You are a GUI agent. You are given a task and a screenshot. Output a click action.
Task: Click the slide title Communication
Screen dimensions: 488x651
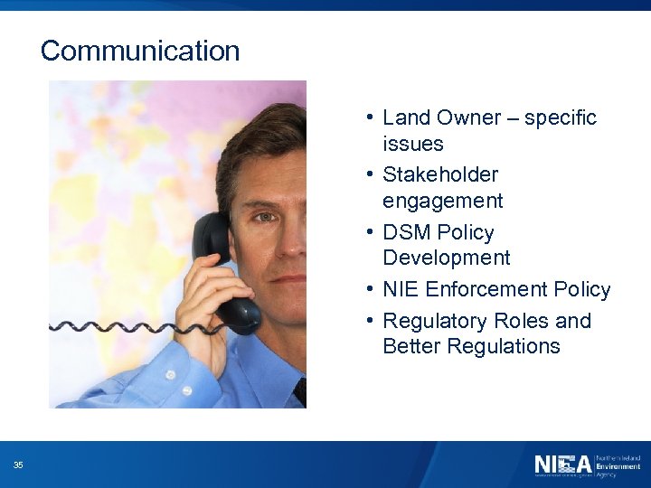coord(140,51)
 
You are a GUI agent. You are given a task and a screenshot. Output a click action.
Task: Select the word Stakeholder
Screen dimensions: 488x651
coord(440,174)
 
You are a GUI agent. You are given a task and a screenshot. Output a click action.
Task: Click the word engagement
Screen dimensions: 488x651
coord(442,200)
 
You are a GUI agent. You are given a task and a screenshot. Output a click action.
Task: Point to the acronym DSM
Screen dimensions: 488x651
coord(407,232)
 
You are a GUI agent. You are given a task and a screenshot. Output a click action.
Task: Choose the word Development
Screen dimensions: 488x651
coord(446,258)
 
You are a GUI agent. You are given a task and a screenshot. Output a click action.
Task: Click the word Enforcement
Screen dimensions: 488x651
coord(485,289)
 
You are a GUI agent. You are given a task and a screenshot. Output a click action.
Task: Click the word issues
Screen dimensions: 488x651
coord(412,144)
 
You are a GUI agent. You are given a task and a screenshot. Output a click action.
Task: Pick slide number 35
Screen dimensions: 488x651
coord(18,465)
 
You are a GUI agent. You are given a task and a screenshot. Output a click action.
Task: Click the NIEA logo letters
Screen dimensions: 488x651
coord(562,465)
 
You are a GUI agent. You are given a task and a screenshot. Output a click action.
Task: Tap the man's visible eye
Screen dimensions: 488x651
coord(262,217)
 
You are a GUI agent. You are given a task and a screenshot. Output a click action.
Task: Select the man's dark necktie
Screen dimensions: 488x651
coord(300,392)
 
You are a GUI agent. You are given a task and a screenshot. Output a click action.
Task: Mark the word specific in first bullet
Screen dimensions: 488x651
coord(561,117)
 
